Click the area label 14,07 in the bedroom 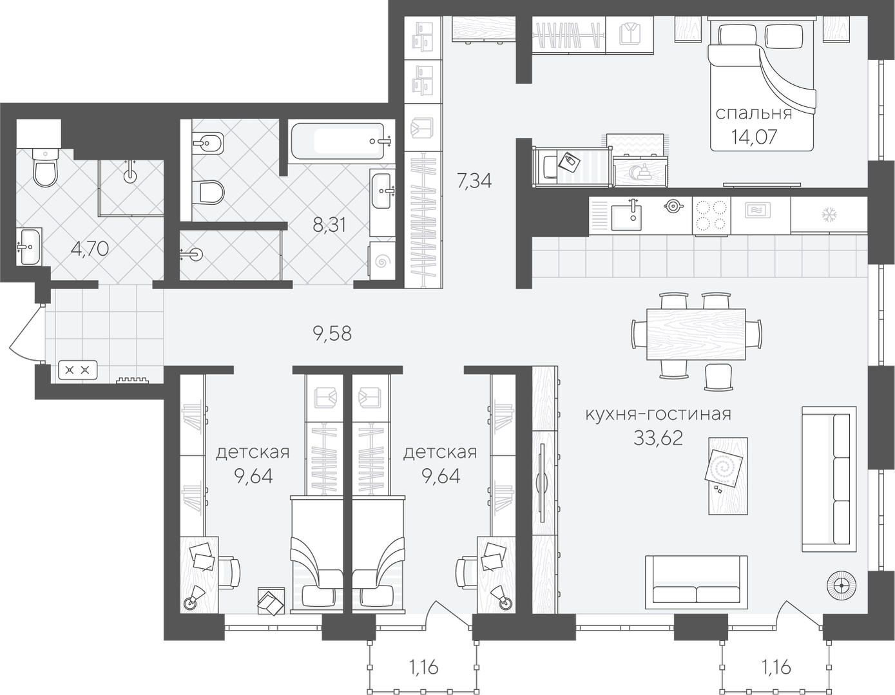pos(754,137)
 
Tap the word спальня pos(754,113)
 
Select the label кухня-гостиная pos(658,414)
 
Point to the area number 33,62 pos(658,438)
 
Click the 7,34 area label pos(474,181)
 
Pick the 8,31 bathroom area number pos(329,225)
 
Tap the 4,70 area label pos(90,249)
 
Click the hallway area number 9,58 pos(332,334)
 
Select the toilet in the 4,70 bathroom pos(44,167)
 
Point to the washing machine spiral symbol pos(382,261)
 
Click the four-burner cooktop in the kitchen pos(711,216)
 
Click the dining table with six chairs pos(696,334)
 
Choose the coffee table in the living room pos(727,476)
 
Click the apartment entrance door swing pos(24,334)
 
